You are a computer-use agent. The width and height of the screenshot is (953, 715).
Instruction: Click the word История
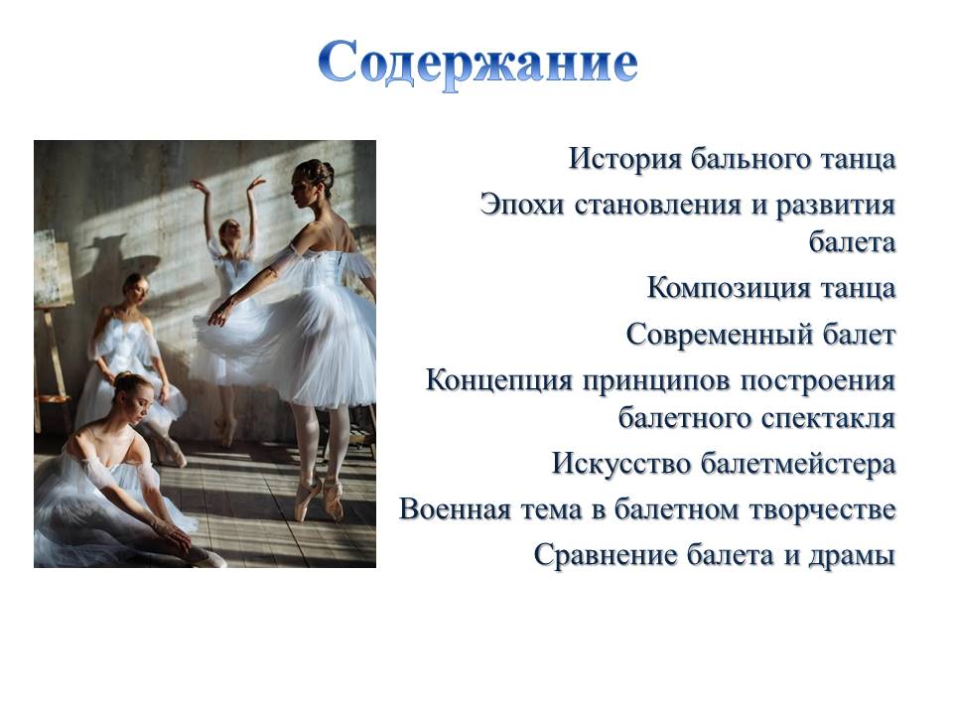[625, 159]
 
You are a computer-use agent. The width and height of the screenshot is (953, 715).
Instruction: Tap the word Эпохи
[522, 206]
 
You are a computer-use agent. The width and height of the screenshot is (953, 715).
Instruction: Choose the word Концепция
[499, 381]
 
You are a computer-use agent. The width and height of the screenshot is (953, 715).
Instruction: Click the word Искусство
[621, 464]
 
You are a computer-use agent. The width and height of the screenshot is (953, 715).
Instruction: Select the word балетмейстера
[798, 464]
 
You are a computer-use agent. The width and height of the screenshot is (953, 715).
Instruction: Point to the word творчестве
[823, 510]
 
